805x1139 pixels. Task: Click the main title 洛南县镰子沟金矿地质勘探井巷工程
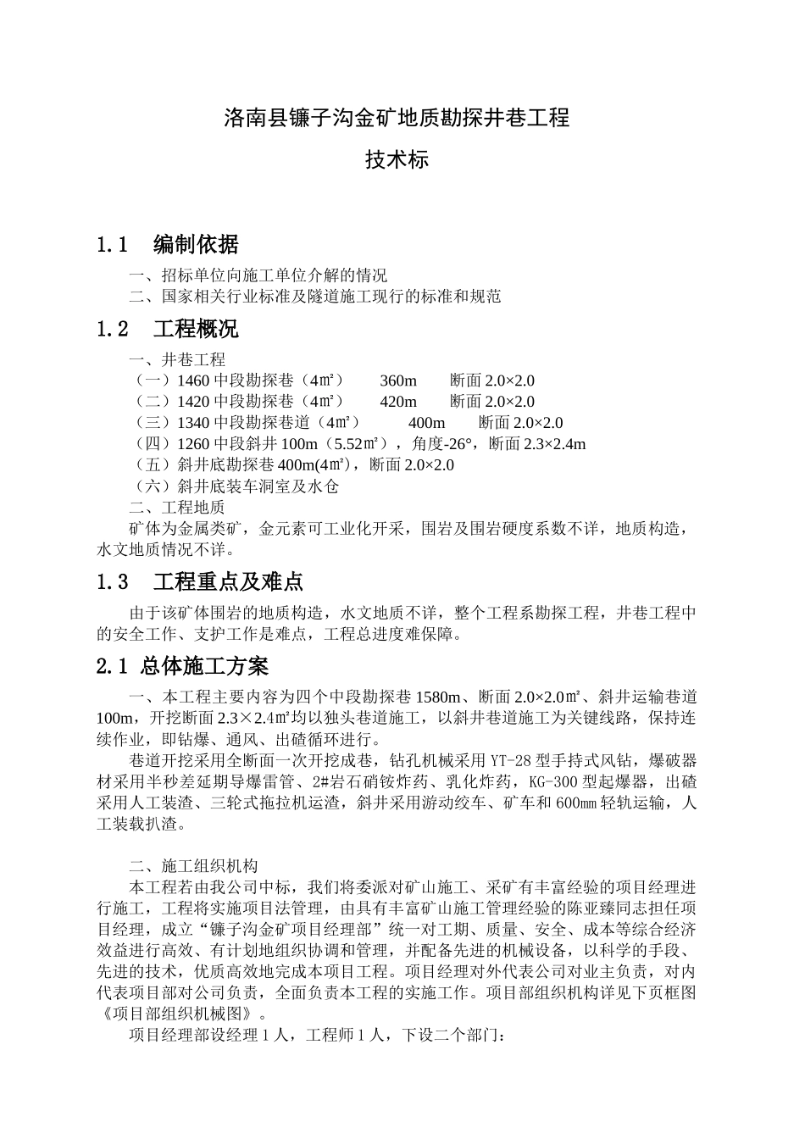[397, 118]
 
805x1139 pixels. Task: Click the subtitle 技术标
[397, 159]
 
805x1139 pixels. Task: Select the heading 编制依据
[196, 245]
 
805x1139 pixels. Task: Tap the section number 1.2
[114, 329]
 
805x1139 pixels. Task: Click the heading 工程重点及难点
[228, 582]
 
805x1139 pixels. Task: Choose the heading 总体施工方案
[204, 667]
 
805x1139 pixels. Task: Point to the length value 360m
[398, 381]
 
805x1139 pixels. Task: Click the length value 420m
[398, 402]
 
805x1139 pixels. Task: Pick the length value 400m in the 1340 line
[426, 423]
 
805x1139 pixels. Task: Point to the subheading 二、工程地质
[176, 508]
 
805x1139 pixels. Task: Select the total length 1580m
[437, 697]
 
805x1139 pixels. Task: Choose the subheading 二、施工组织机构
[192, 866]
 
